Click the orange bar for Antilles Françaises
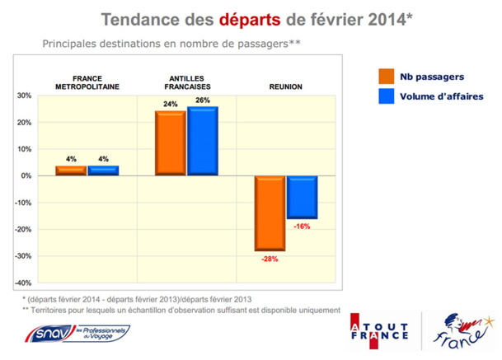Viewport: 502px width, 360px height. click(x=171, y=143)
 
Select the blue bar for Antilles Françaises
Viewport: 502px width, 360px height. click(x=203, y=141)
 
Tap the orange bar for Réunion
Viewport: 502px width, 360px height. click(x=270, y=213)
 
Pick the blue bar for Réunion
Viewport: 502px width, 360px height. click(x=302, y=197)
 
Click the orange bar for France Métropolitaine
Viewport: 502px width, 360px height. click(x=71, y=171)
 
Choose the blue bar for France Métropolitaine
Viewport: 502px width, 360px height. click(x=103, y=171)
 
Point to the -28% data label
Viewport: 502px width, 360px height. click(x=270, y=259)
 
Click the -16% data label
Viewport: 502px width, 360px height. click(x=302, y=226)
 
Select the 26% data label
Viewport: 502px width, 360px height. click(x=203, y=100)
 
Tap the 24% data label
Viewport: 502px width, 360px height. click(x=171, y=105)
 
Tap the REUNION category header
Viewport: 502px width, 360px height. click(x=285, y=86)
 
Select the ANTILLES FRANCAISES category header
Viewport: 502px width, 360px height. click(x=185, y=82)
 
